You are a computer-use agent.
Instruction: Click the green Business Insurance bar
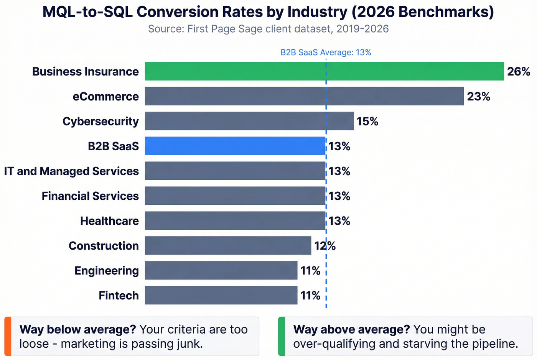(x=324, y=71)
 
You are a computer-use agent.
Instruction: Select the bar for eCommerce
(x=304, y=96)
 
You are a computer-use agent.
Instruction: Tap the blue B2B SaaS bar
(x=235, y=146)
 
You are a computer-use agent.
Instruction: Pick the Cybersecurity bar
(x=249, y=121)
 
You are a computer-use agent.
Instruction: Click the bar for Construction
(x=228, y=245)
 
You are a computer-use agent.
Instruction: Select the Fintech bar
(x=221, y=295)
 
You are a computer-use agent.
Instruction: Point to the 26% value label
(x=518, y=72)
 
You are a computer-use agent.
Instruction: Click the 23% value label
(x=478, y=97)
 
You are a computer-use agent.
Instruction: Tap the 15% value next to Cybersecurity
(x=367, y=122)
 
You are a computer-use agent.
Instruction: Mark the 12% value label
(x=325, y=246)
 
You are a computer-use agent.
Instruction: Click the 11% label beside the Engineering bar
(x=310, y=271)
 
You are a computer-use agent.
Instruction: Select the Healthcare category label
(x=109, y=221)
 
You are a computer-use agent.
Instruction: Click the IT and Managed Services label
(x=71, y=171)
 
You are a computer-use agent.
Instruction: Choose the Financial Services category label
(x=90, y=196)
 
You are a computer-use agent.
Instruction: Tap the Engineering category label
(x=106, y=271)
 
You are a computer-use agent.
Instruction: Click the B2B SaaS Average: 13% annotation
(x=326, y=53)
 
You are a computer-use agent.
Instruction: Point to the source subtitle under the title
(x=268, y=29)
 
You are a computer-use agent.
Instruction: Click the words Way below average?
(x=77, y=329)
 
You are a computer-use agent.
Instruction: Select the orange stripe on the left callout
(x=8, y=336)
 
